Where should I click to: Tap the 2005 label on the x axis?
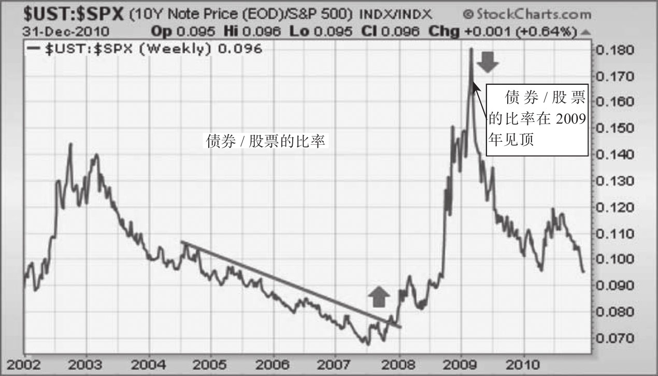click(x=210, y=365)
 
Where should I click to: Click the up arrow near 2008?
click(x=379, y=298)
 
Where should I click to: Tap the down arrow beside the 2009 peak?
click(x=488, y=63)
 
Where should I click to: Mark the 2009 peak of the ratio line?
click(x=471, y=50)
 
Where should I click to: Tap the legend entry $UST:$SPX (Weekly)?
click(x=146, y=50)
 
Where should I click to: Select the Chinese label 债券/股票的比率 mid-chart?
click(x=266, y=141)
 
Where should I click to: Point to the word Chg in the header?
click(x=444, y=32)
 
